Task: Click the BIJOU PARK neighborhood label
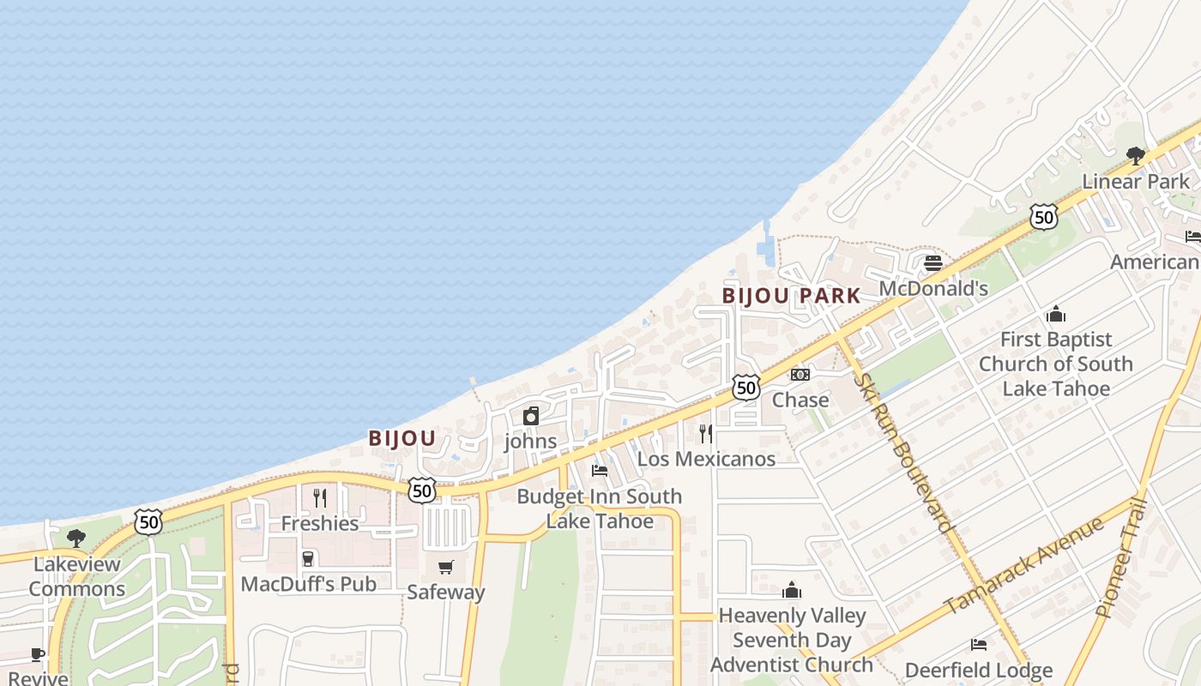click(791, 296)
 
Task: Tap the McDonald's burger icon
click(933, 262)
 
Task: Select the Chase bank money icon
click(800, 375)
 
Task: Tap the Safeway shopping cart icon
click(445, 567)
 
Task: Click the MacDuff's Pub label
click(309, 584)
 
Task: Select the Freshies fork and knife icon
click(320, 498)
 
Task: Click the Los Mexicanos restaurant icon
click(705, 434)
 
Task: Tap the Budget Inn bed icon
click(600, 471)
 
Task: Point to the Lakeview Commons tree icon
click(76, 539)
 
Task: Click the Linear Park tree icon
click(1136, 156)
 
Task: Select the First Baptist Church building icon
click(1056, 314)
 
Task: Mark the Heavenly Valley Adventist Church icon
click(791, 590)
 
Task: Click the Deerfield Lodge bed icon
click(979, 644)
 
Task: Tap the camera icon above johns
click(531, 417)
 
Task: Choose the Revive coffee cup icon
click(38, 654)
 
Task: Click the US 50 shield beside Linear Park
click(1044, 216)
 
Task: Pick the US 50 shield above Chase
click(746, 388)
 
